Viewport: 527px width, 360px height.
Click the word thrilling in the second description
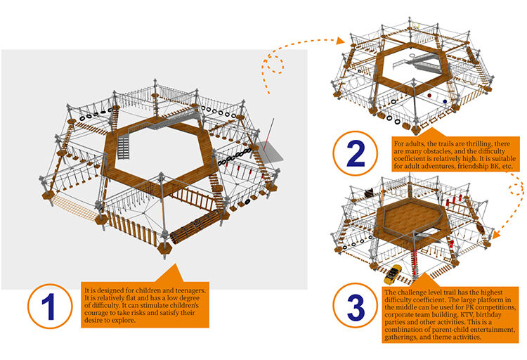point(474,141)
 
